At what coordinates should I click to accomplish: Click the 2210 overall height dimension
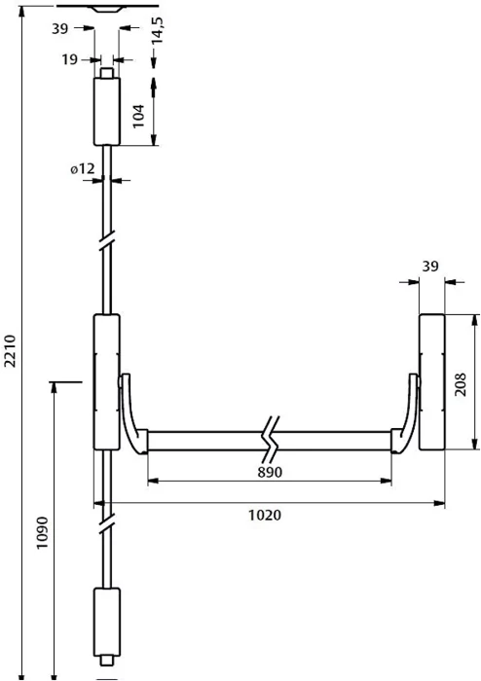(10, 351)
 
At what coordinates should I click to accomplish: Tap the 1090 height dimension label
(42, 532)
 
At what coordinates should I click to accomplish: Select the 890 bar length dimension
(270, 472)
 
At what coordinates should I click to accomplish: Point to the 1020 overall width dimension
(265, 515)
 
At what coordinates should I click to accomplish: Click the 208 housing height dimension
(460, 384)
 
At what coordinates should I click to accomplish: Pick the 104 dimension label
(138, 116)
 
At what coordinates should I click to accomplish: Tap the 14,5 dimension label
(157, 30)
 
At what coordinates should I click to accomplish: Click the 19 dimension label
(69, 59)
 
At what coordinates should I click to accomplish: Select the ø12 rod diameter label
(83, 168)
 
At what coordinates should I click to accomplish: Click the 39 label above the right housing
(430, 267)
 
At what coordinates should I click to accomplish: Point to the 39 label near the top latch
(60, 28)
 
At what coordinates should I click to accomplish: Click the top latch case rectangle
(107, 112)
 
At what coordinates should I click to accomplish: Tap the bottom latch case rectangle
(107, 621)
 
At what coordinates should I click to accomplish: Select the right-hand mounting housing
(432, 381)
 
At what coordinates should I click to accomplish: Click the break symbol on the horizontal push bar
(271, 440)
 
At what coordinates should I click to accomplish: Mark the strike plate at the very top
(107, 8)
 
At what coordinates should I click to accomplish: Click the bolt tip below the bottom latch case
(107, 660)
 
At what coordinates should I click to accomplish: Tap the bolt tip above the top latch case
(107, 73)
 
